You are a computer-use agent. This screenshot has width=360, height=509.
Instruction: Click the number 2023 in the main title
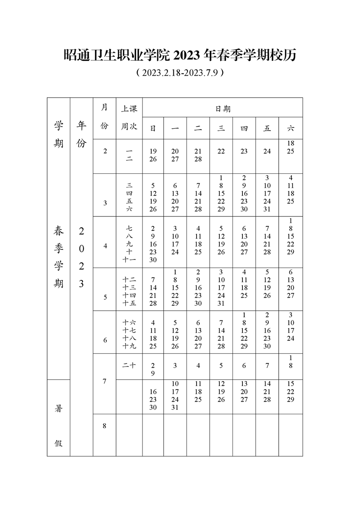pos(187,55)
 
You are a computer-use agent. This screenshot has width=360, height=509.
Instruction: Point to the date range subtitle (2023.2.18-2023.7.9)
pos(180,73)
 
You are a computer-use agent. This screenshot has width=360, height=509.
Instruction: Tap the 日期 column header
pos(222,108)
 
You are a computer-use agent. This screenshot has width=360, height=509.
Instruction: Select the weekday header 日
pos(153,128)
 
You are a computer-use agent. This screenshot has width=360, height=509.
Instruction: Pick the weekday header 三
pos(221,128)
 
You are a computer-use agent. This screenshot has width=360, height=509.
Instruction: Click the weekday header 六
pos(291,128)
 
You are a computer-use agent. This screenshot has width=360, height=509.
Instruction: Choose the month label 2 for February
pos(105,151)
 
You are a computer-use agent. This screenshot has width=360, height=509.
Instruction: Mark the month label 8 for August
pos(104,426)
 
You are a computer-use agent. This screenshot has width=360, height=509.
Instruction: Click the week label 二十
pos(129,366)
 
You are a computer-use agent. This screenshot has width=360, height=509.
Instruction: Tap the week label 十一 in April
pos(129,260)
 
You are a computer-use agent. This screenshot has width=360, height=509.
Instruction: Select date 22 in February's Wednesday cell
pos(221,152)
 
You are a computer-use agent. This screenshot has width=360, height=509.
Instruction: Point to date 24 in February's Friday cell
pos(267,152)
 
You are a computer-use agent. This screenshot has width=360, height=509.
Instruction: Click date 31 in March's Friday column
pos(267,209)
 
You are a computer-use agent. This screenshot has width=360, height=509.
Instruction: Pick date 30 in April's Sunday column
pos(153,260)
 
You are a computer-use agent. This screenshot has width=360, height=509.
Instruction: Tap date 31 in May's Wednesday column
pos(221,303)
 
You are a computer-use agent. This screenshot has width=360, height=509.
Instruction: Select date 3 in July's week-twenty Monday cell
pos(175,366)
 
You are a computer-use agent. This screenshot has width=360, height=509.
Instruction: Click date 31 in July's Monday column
pos(175,407)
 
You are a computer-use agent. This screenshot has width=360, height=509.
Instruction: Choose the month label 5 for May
pos(105,297)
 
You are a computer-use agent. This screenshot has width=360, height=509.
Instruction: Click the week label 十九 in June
pos(129,346)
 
